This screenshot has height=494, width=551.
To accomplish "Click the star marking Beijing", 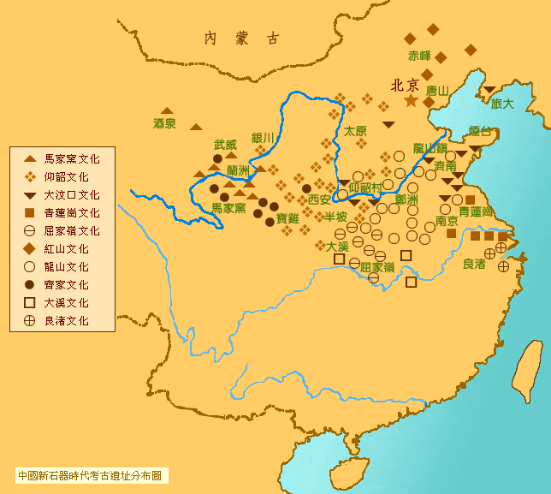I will tap(411, 101).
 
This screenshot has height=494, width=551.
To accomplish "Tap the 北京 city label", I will tap(404, 85).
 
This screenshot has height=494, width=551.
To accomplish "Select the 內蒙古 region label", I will tap(241, 38).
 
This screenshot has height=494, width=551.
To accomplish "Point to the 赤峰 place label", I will tap(419, 56).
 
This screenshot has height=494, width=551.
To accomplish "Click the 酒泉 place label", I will tap(164, 123).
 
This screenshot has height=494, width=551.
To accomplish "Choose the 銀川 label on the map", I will tap(263, 138).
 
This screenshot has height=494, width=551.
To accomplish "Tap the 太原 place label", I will tap(355, 131).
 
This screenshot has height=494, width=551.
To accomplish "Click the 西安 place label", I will tap(319, 199).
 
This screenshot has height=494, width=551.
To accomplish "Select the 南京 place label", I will tap(447, 220).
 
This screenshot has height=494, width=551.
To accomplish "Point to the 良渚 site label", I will tap(474, 265).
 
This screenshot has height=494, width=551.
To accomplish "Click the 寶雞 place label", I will tap(287, 218).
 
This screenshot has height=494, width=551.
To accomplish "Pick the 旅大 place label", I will tap(502, 104).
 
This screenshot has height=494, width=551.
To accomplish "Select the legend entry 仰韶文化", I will tap(72, 177).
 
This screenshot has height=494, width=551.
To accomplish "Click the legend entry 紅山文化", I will tap(72, 249).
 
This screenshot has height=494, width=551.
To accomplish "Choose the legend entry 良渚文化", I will tap(72, 321).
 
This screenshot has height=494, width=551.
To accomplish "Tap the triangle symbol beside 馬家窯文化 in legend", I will tap(29, 159).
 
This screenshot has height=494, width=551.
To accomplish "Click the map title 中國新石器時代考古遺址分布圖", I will tap(91, 474).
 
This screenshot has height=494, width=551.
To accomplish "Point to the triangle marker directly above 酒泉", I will tap(167, 110).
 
